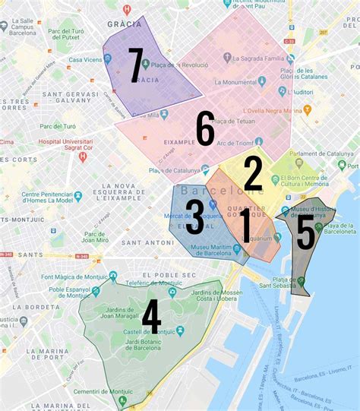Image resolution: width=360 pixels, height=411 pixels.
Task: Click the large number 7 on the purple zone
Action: [136, 66]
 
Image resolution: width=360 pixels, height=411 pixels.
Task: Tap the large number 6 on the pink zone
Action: [205, 129]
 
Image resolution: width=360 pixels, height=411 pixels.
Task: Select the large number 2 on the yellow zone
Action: [253, 173]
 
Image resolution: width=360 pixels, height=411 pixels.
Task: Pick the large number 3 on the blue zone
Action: [194, 217]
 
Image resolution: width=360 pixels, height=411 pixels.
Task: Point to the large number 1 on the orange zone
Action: [245, 226]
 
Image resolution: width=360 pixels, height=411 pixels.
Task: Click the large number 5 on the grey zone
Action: [305, 232]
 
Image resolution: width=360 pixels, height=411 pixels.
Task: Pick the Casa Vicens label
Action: [86, 60]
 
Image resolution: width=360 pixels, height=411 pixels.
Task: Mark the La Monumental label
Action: [251, 82]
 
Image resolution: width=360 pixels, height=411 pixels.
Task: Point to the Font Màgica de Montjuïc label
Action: [72, 278]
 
